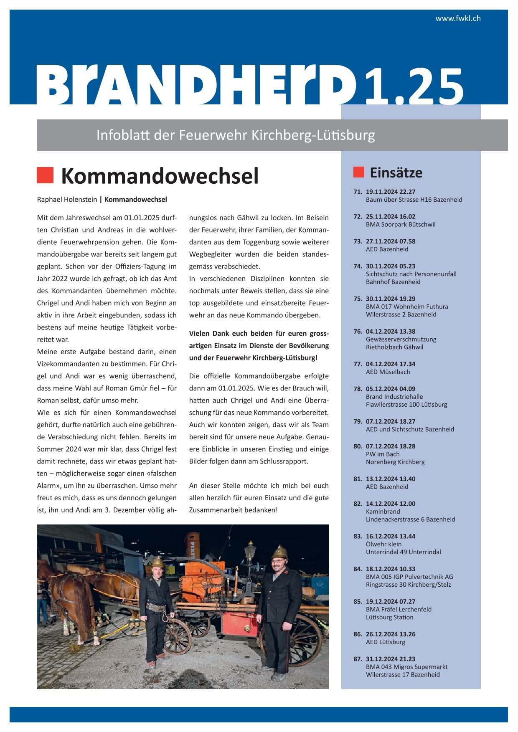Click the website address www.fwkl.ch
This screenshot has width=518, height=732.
click(x=458, y=18)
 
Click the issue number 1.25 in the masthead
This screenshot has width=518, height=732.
click(x=414, y=87)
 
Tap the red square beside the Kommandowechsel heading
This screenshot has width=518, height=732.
click(x=45, y=175)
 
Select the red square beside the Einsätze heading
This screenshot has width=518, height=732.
click(x=358, y=172)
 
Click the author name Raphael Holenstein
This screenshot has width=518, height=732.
click(x=67, y=200)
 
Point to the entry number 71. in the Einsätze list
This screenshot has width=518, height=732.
click(x=358, y=192)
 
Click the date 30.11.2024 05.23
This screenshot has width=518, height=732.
click(x=391, y=266)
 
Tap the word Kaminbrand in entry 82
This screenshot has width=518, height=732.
click(x=383, y=512)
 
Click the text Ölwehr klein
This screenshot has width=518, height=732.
click(x=383, y=544)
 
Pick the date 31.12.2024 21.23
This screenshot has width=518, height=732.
click(x=391, y=659)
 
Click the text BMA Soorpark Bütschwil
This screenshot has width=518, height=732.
click(x=401, y=225)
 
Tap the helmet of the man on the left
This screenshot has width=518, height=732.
click(x=158, y=562)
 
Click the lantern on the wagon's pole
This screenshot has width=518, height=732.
click(x=250, y=550)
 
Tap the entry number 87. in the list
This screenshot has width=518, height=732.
click(x=358, y=659)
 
